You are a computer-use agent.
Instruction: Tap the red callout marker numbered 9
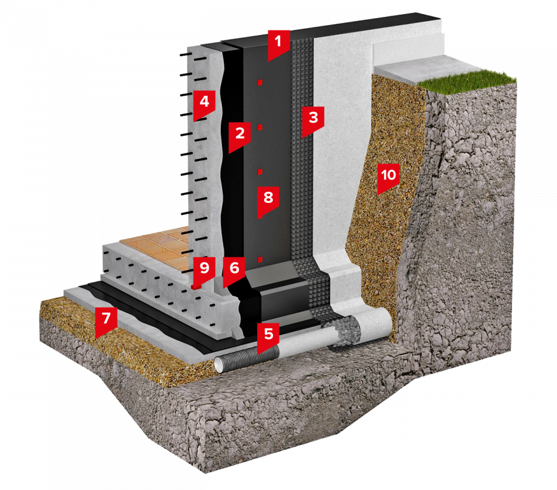click(204, 270)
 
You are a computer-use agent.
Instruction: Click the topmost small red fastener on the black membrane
click(260, 82)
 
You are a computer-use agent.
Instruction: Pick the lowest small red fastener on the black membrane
click(260, 260)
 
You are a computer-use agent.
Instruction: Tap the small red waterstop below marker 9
click(196, 286)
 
